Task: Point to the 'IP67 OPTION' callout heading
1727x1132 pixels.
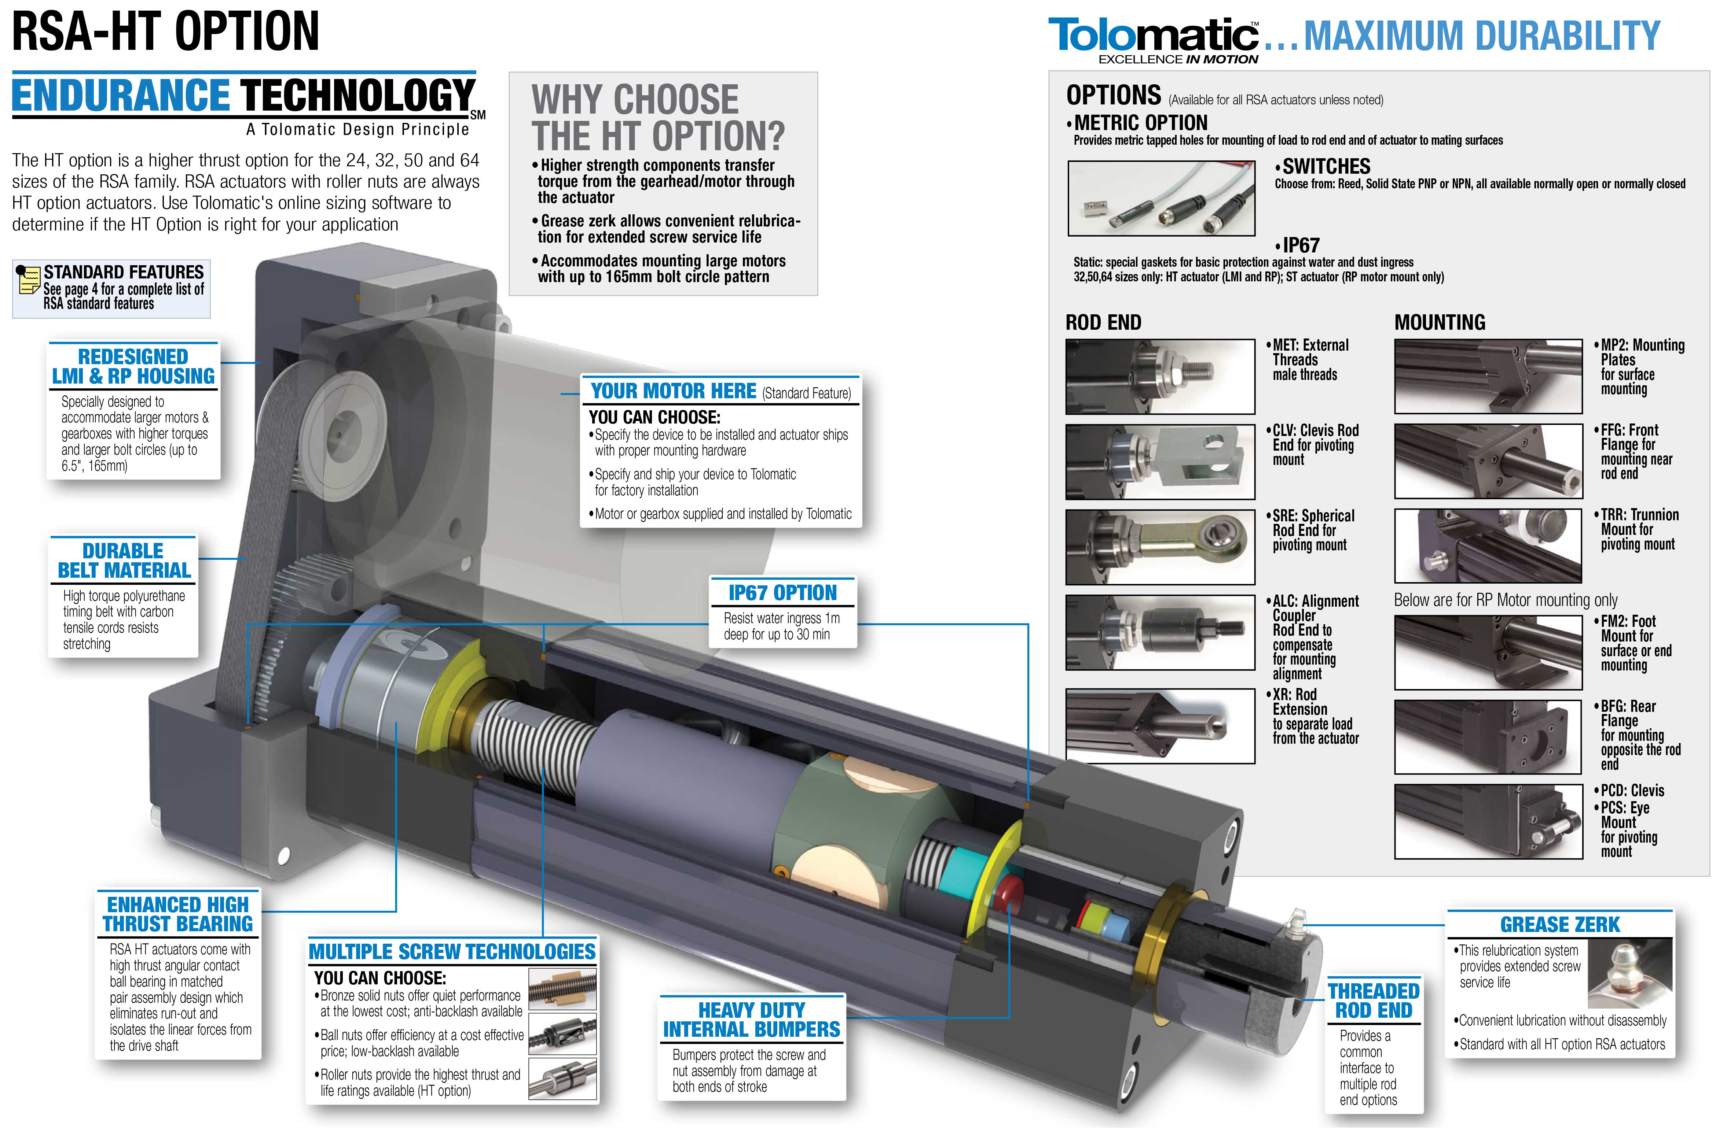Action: click(x=782, y=592)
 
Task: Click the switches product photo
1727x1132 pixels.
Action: click(x=1161, y=198)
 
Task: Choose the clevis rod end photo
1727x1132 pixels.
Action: click(x=1159, y=462)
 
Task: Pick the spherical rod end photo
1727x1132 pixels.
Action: click(x=1159, y=547)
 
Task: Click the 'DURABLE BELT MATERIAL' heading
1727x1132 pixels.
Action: click(x=124, y=561)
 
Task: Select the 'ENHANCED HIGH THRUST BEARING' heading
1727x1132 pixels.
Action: click(x=178, y=914)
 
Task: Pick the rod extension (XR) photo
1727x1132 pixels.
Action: click(x=1159, y=726)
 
